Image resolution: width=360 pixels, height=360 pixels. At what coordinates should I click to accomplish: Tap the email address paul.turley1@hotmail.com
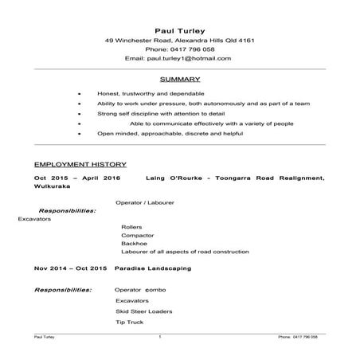[189, 58]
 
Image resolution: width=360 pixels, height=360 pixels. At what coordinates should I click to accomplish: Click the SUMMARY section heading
[179, 80]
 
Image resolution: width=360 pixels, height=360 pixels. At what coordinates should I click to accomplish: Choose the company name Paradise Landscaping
[152, 269]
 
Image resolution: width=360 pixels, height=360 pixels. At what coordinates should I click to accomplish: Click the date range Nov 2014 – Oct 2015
[70, 269]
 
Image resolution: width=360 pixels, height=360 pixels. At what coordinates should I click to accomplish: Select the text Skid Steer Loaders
[143, 311]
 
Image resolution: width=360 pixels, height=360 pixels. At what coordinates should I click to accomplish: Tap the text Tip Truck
[129, 323]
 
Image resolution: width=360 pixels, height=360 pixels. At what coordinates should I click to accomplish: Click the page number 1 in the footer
[160, 338]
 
